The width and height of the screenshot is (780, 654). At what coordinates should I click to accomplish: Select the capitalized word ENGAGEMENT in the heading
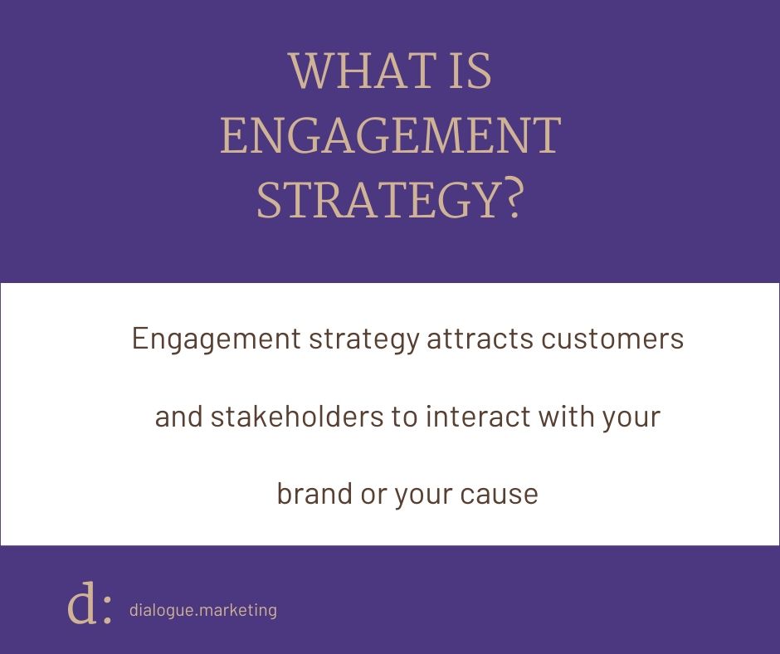(390, 137)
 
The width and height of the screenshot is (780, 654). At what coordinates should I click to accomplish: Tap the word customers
(615, 340)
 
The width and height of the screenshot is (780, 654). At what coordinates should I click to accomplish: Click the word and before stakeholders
(178, 417)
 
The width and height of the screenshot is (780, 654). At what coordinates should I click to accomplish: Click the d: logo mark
(89, 607)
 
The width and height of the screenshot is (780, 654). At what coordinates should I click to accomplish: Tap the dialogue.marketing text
(203, 610)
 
